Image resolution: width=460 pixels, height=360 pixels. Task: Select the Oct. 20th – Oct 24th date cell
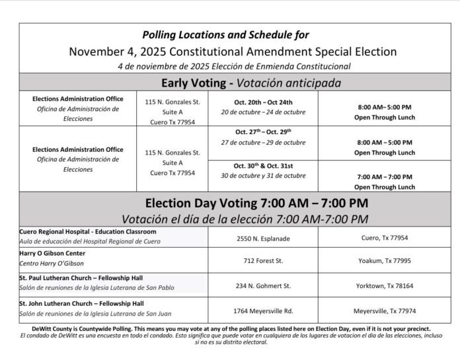coord(262,102)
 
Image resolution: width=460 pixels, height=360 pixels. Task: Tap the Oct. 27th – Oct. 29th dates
coord(262,133)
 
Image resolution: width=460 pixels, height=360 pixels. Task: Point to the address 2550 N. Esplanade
coord(262,237)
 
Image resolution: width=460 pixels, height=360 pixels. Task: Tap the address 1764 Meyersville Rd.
coord(262,310)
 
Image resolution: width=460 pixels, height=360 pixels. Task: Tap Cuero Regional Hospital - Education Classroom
coord(89,232)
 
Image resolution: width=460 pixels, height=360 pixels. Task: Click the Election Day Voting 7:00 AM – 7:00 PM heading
coord(229,203)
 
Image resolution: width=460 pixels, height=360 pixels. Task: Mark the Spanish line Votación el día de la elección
coord(229,218)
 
